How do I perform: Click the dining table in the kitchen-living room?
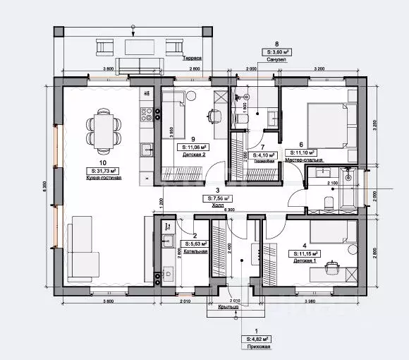click(x=104, y=132)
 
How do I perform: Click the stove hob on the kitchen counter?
click(x=147, y=112)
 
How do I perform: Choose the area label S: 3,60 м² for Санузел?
click(x=276, y=52)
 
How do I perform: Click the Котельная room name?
click(x=198, y=251)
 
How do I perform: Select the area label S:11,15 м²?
click(x=305, y=253)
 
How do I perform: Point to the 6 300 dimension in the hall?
click(x=228, y=210)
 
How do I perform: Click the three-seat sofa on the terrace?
click(x=139, y=66)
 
